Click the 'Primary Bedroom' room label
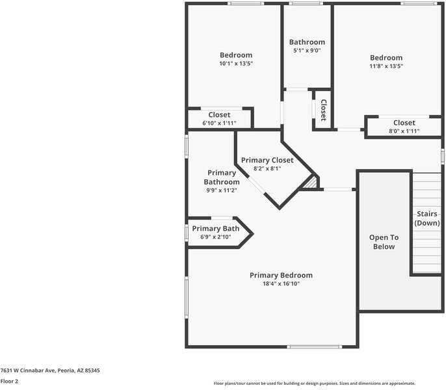(x=281, y=275)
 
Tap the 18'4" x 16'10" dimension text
(x=281, y=284)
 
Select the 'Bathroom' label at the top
(x=307, y=42)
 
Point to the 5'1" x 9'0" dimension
(x=307, y=51)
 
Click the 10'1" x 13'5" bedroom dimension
(x=235, y=64)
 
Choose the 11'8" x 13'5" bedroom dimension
(x=386, y=66)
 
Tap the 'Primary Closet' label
(x=267, y=160)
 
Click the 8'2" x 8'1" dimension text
(x=267, y=168)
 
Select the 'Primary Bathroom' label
(x=221, y=177)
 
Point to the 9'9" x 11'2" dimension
(x=221, y=190)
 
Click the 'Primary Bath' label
(x=215, y=229)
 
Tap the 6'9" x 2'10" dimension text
(x=215, y=237)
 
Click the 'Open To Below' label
(x=384, y=242)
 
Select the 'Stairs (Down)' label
(x=427, y=218)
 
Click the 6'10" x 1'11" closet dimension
(x=219, y=123)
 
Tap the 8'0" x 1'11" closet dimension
(x=404, y=131)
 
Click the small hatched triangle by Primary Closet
(x=312, y=183)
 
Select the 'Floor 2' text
(x=9, y=382)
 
